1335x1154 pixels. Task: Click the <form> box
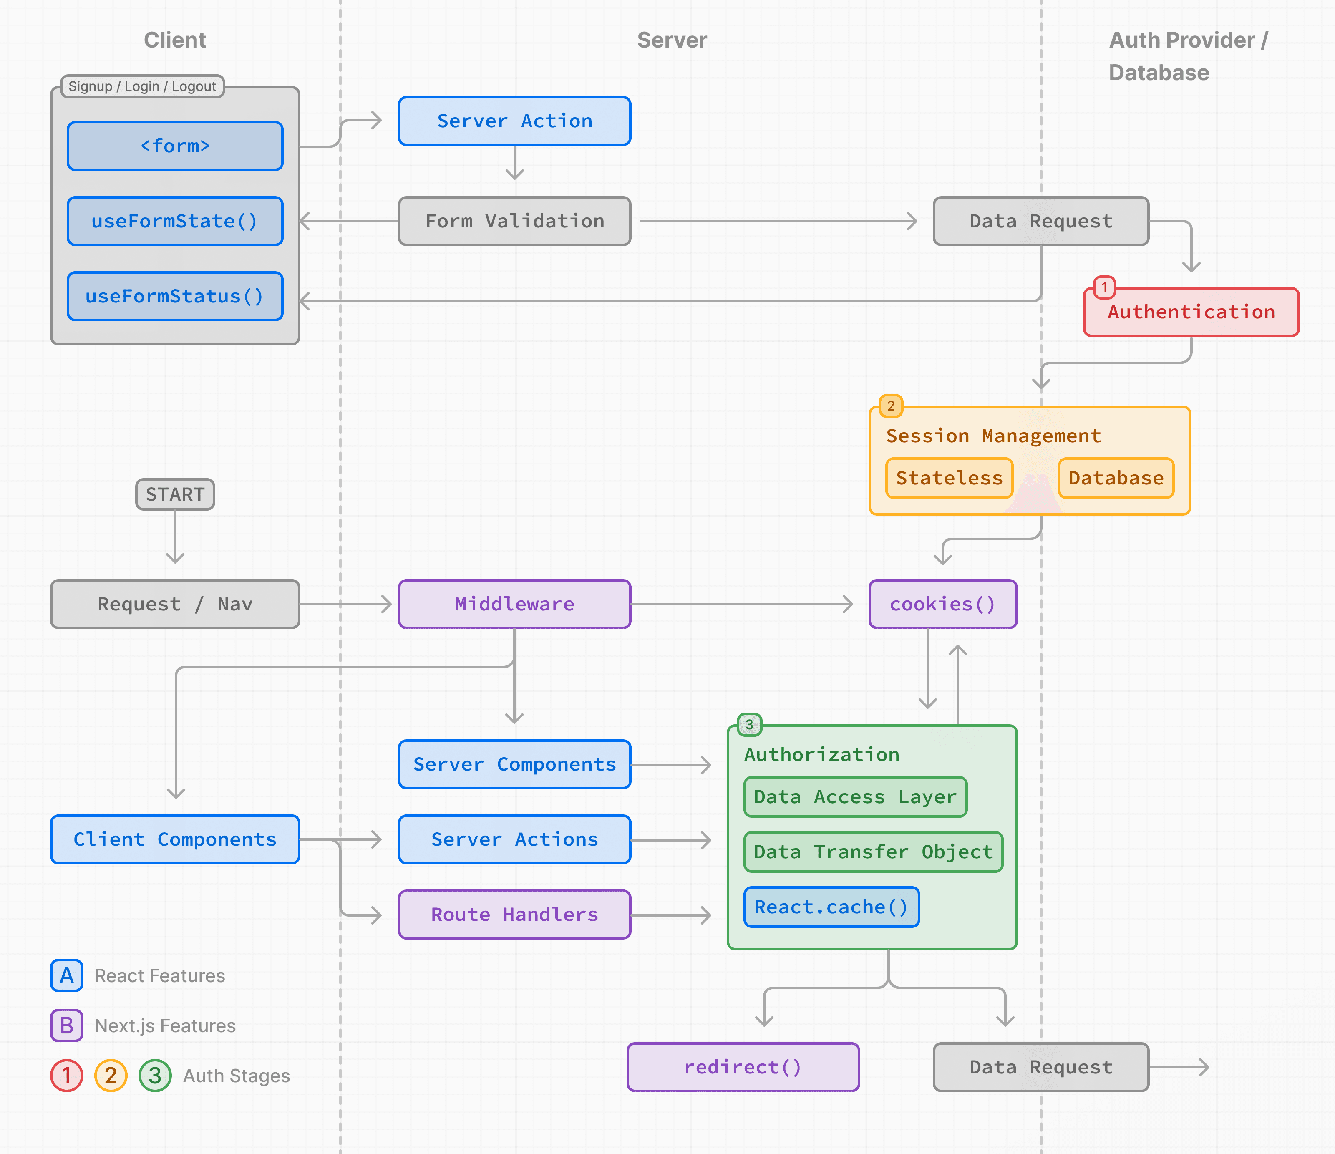[175, 146]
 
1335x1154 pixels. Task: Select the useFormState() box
[175, 221]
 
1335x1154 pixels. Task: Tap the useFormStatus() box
[175, 296]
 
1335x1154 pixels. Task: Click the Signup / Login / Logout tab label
[142, 86]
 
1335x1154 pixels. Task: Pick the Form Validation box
[514, 221]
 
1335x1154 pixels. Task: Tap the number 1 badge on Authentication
[1104, 287]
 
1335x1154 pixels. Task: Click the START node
[175, 494]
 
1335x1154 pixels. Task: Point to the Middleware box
[514, 604]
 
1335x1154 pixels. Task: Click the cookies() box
[942, 604]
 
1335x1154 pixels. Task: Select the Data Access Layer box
[854, 797]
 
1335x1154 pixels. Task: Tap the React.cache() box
[831, 907]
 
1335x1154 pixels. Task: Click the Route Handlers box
[514, 914]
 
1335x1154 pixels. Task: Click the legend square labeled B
[66, 1025]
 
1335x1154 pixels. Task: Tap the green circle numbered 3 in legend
[155, 1076]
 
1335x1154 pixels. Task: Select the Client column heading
[175, 40]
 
